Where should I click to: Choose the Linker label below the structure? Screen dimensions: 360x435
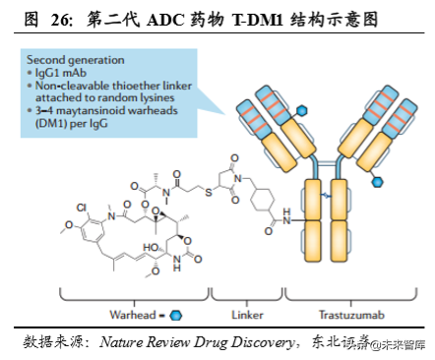click(x=246, y=315)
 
